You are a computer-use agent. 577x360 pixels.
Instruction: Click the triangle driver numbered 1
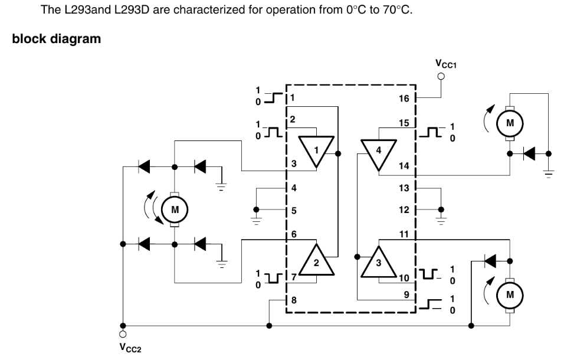coord(316,150)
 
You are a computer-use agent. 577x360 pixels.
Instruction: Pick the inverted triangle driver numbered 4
coord(378,150)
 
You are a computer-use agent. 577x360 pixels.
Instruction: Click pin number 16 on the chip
coord(404,99)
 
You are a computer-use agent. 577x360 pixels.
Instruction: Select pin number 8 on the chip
coord(294,300)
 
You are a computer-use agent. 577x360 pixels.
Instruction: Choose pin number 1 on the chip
coord(293,97)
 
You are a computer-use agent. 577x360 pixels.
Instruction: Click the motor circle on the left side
coord(174,209)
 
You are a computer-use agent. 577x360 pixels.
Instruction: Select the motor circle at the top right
coord(510,123)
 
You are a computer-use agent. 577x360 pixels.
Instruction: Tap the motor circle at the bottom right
coord(510,293)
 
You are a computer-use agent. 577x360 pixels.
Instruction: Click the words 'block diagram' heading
coord(56,40)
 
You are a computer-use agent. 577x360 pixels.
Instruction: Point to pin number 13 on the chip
coord(404,188)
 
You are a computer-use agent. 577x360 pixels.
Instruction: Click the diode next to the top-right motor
coord(529,153)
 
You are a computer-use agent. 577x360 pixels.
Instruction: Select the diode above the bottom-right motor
coord(490,259)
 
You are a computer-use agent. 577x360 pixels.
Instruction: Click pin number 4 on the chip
coord(293,188)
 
